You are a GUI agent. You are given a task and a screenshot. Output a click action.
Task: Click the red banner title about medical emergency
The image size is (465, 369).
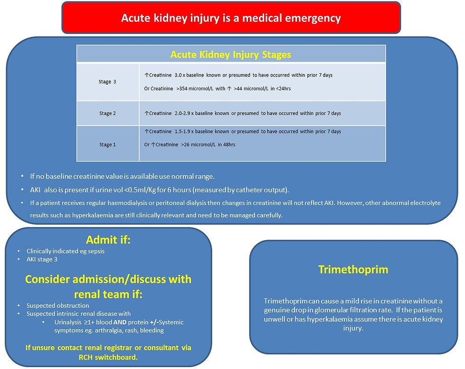(x=231, y=18)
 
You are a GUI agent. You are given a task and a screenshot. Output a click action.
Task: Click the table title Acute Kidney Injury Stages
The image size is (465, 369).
(x=231, y=54)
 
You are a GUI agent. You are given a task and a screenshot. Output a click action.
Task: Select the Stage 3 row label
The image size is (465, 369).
(x=108, y=82)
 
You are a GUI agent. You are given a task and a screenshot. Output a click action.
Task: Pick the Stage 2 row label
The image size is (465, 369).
(x=108, y=114)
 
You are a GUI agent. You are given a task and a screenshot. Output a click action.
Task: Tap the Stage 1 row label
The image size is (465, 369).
(x=108, y=145)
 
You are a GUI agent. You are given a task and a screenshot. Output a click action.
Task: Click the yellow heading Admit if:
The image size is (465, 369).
(x=108, y=240)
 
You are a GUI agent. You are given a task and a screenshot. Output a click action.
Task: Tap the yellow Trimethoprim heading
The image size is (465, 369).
(x=353, y=270)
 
